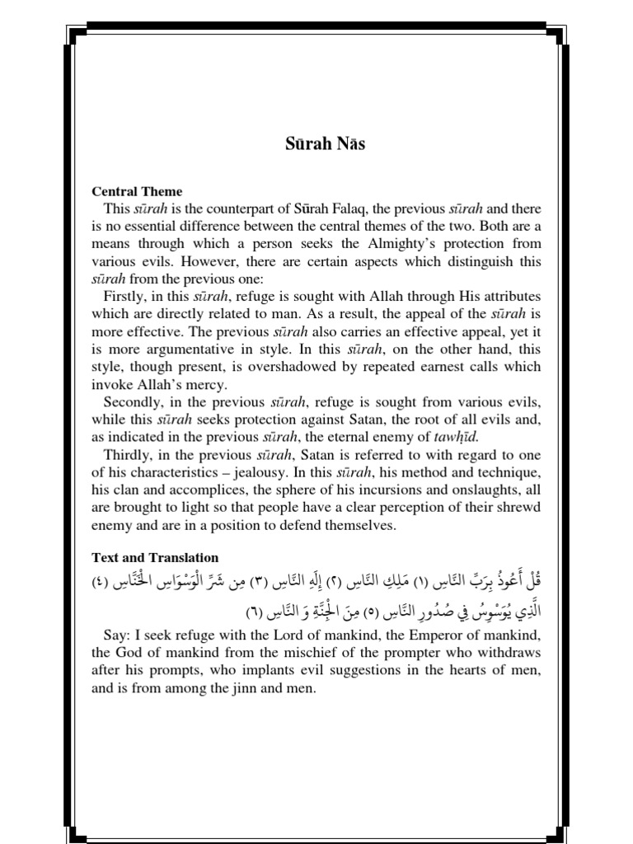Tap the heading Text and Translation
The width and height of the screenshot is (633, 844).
coord(155,557)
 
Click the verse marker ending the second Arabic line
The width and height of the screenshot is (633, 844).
coord(257,615)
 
